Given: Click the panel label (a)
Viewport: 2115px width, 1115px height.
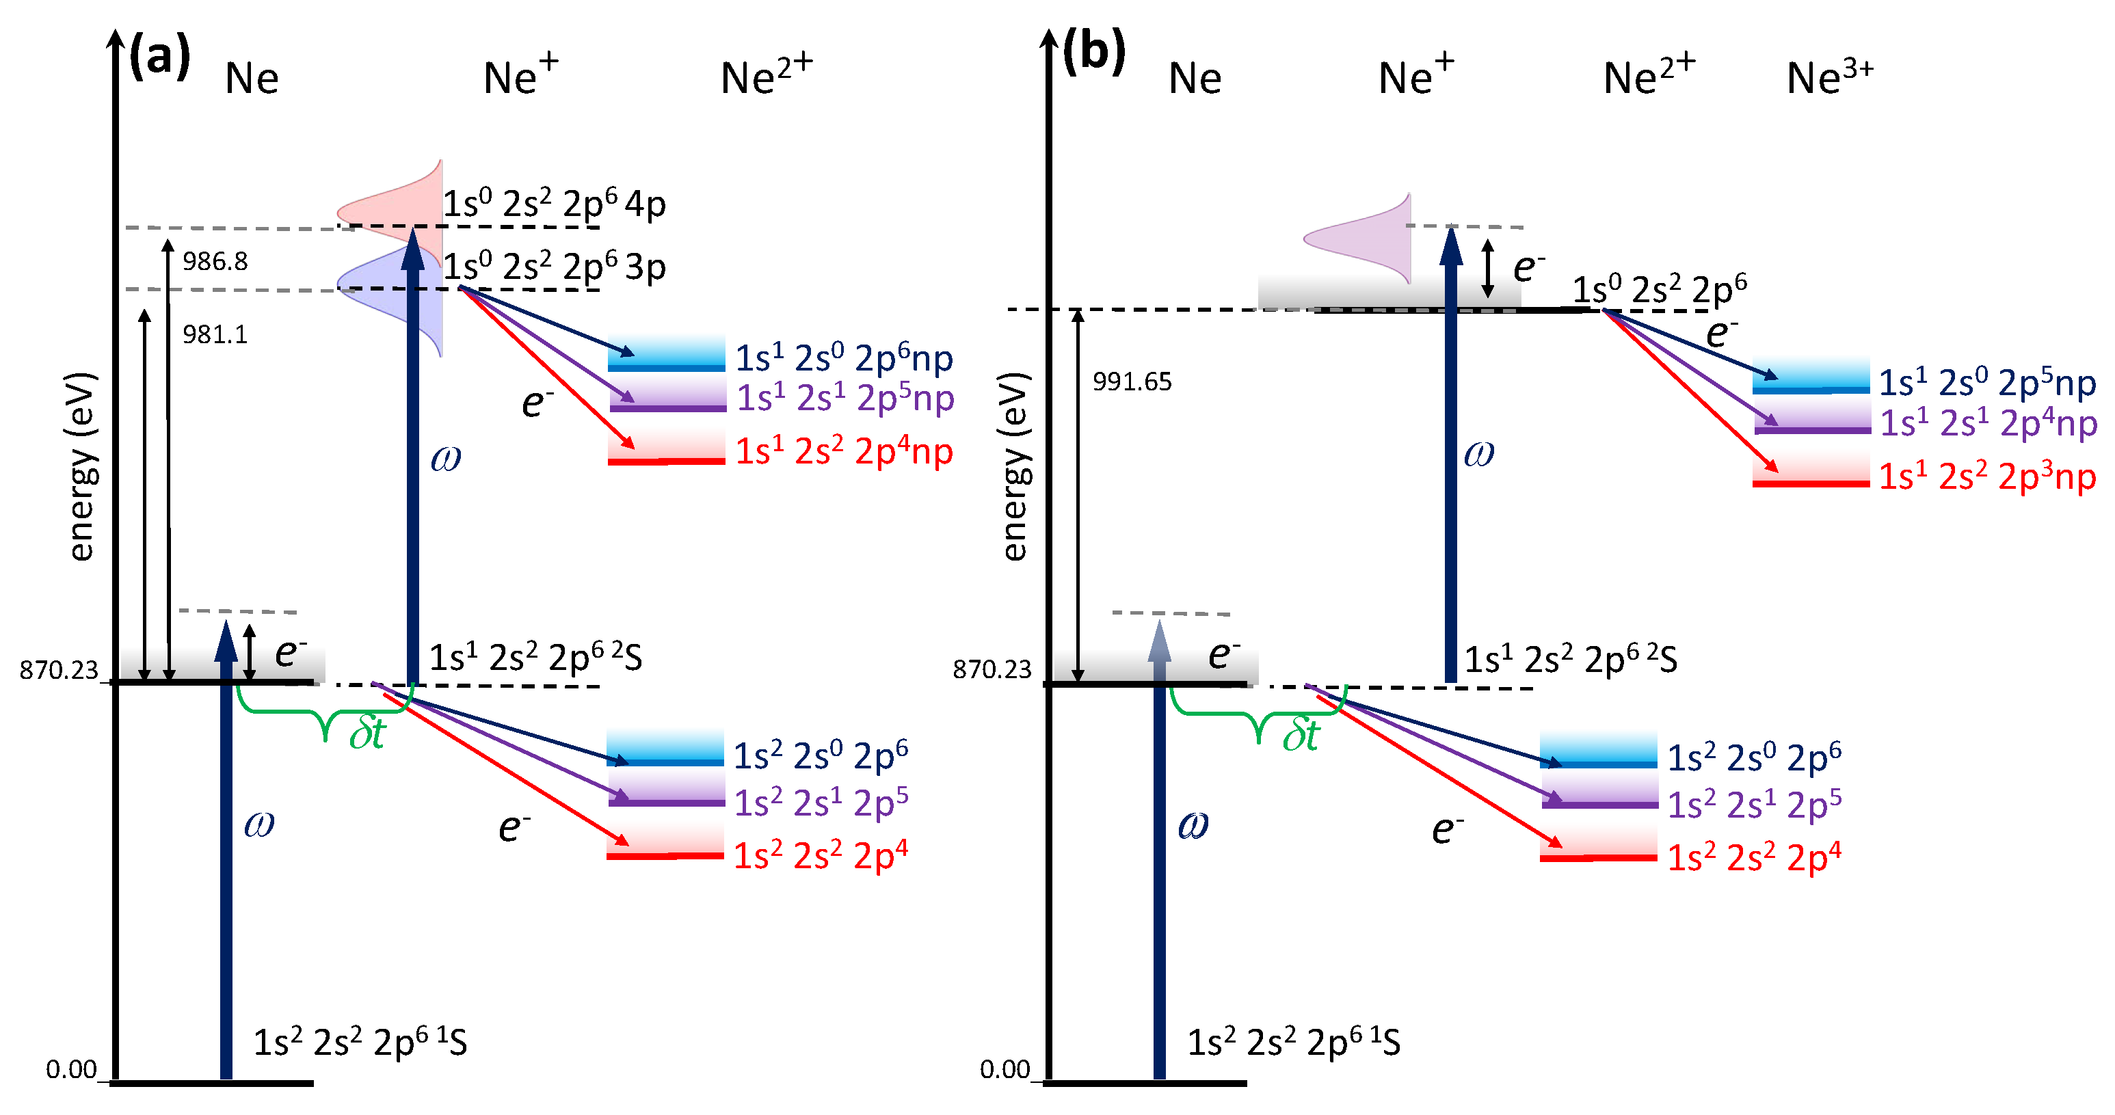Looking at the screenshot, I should pyautogui.click(x=161, y=56).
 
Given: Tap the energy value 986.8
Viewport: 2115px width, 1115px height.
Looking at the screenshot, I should pyautogui.click(x=215, y=261).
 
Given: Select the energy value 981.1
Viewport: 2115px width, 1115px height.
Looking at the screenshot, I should pyautogui.click(x=215, y=334).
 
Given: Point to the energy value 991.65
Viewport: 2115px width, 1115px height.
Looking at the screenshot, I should pyautogui.click(x=1132, y=381).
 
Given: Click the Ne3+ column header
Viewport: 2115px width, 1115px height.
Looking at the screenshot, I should pyautogui.click(x=1829, y=77).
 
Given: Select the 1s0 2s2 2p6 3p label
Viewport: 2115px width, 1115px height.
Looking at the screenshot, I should pyautogui.click(x=554, y=266).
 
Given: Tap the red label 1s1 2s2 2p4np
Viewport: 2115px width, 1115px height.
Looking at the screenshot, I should pyautogui.click(x=844, y=451).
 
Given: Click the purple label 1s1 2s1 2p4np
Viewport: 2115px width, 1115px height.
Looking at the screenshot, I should pyautogui.click(x=1988, y=424).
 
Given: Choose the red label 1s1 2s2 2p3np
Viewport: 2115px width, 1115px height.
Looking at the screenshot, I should pyautogui.click(x=1988, y=476).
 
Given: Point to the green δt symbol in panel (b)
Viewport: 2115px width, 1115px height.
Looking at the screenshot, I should pyautogui.click(x=1301, y=734).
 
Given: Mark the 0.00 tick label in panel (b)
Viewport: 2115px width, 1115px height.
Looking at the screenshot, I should pyautogui.click(x=1005, y=1069).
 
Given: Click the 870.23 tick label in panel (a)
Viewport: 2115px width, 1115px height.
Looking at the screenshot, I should pyautogui.click(x=59, y=670).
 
